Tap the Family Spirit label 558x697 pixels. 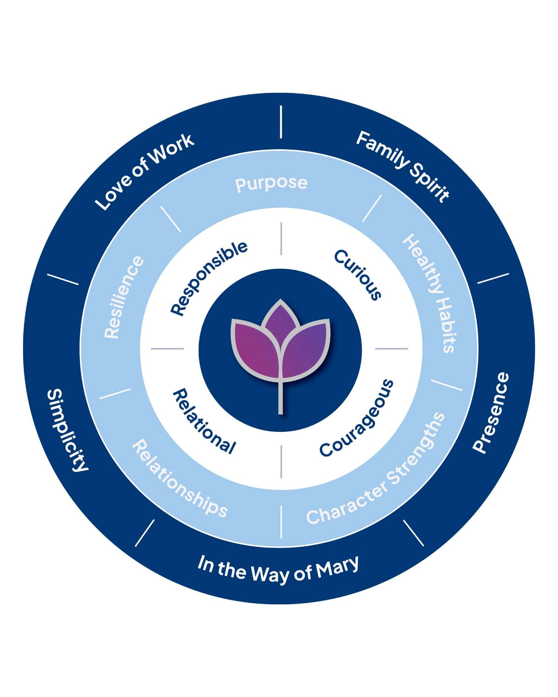point(402,166)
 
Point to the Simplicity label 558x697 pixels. point(67,430)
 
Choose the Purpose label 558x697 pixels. point(271,183)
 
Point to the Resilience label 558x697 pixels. point(123,297)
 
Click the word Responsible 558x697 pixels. point(209,278)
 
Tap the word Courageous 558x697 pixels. point(357,418)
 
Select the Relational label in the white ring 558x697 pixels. point(204,422)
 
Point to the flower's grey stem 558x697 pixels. point(280,397)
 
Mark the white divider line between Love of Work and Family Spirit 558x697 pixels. point(281,122)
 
